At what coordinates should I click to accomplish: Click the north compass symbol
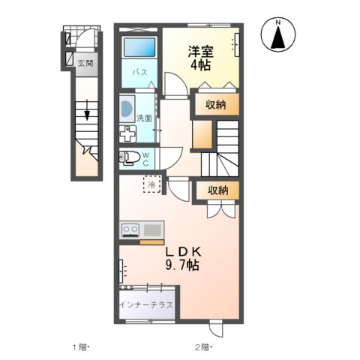pos(277,37)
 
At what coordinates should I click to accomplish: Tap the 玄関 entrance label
pos(85,64)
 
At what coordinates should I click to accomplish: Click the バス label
pos(139,73)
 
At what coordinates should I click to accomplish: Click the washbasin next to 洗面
pos(125,109)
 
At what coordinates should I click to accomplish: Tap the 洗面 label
pos(144,118)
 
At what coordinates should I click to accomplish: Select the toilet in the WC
pos(128,157)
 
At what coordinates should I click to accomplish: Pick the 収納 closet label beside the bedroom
pos(217,105)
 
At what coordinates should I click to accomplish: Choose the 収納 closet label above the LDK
pos(217,190)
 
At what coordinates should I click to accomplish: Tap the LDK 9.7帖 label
pos(182,258)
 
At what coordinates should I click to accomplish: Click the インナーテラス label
pos(145,305)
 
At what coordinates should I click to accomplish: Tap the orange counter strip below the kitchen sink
pos(151,241)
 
